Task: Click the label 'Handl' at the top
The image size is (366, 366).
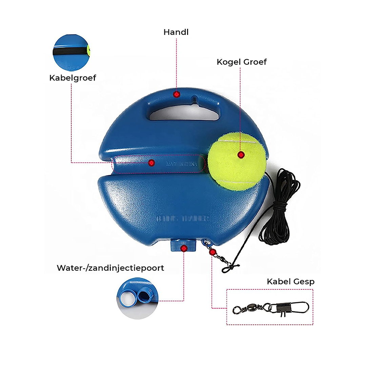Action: pos(176,32)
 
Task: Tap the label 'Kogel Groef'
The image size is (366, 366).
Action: pos(242,62)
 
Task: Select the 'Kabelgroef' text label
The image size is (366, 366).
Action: pos(73,78)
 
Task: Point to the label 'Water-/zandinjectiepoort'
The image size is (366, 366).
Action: pos(110,268)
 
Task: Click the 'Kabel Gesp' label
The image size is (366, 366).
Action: pos(290,282)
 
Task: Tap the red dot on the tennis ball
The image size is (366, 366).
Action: pos(241,155)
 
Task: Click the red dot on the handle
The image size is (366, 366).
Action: pos(176,94)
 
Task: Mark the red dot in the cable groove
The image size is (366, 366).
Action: pos(151,163)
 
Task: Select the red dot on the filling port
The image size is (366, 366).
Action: pos(184,248)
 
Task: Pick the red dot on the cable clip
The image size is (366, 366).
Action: pos(212,252)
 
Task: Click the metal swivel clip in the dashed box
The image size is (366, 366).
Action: pos(271,308)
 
